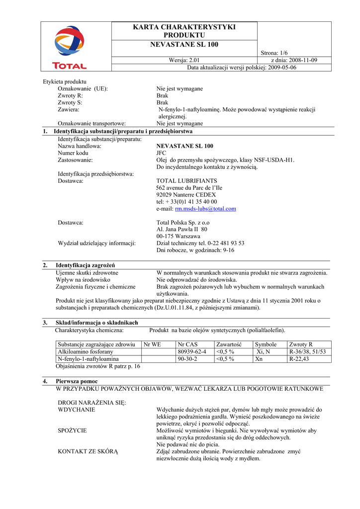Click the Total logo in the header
coord(70,47)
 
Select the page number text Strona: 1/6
coord(274,53)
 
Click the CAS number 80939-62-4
coord(191,351)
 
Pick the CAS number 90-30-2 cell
coord(187,359)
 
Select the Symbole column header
coord(266,344)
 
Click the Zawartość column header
coord(229,344)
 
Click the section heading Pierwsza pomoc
coord(77,381)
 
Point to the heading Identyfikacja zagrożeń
coord(89,265)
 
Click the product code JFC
coord(162,153)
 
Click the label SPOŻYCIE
coord(73,430)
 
